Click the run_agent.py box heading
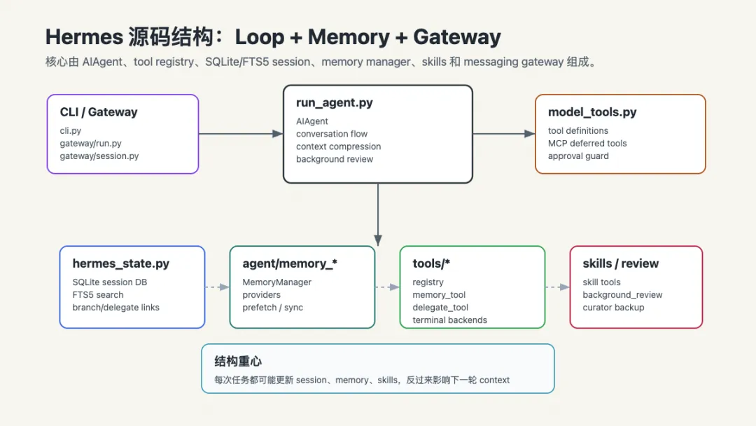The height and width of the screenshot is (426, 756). pos(334,103)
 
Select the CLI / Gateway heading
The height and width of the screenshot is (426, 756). pos(99,112)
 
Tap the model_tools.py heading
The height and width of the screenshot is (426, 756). pos(592,112)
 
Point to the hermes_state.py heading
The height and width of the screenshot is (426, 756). pos(120,263)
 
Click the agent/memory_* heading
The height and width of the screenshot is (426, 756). pos(289,263)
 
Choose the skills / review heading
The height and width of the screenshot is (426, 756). pos(620,263)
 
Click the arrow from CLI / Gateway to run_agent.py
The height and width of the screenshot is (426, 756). pos(241,134)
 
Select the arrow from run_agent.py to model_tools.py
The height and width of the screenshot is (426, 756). pos(504,134)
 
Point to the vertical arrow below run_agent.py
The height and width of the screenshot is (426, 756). pos(378,214)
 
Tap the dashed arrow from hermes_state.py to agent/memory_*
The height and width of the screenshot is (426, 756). pos(217,287)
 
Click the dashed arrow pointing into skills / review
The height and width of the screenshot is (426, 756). pos(557,287)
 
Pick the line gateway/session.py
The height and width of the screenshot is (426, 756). pos(99,156)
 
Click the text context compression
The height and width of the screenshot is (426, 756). pos(338,146)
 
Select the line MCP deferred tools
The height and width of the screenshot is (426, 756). pos(587,144)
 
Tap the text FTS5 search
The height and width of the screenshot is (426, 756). pos(97,295)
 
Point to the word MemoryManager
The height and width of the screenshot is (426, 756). pos(276,282)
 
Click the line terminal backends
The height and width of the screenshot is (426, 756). pos(449,320)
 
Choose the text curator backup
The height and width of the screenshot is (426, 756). pos(612,308)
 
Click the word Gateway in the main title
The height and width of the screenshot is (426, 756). pos(456,37)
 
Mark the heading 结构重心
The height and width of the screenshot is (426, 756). pos(238,362)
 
